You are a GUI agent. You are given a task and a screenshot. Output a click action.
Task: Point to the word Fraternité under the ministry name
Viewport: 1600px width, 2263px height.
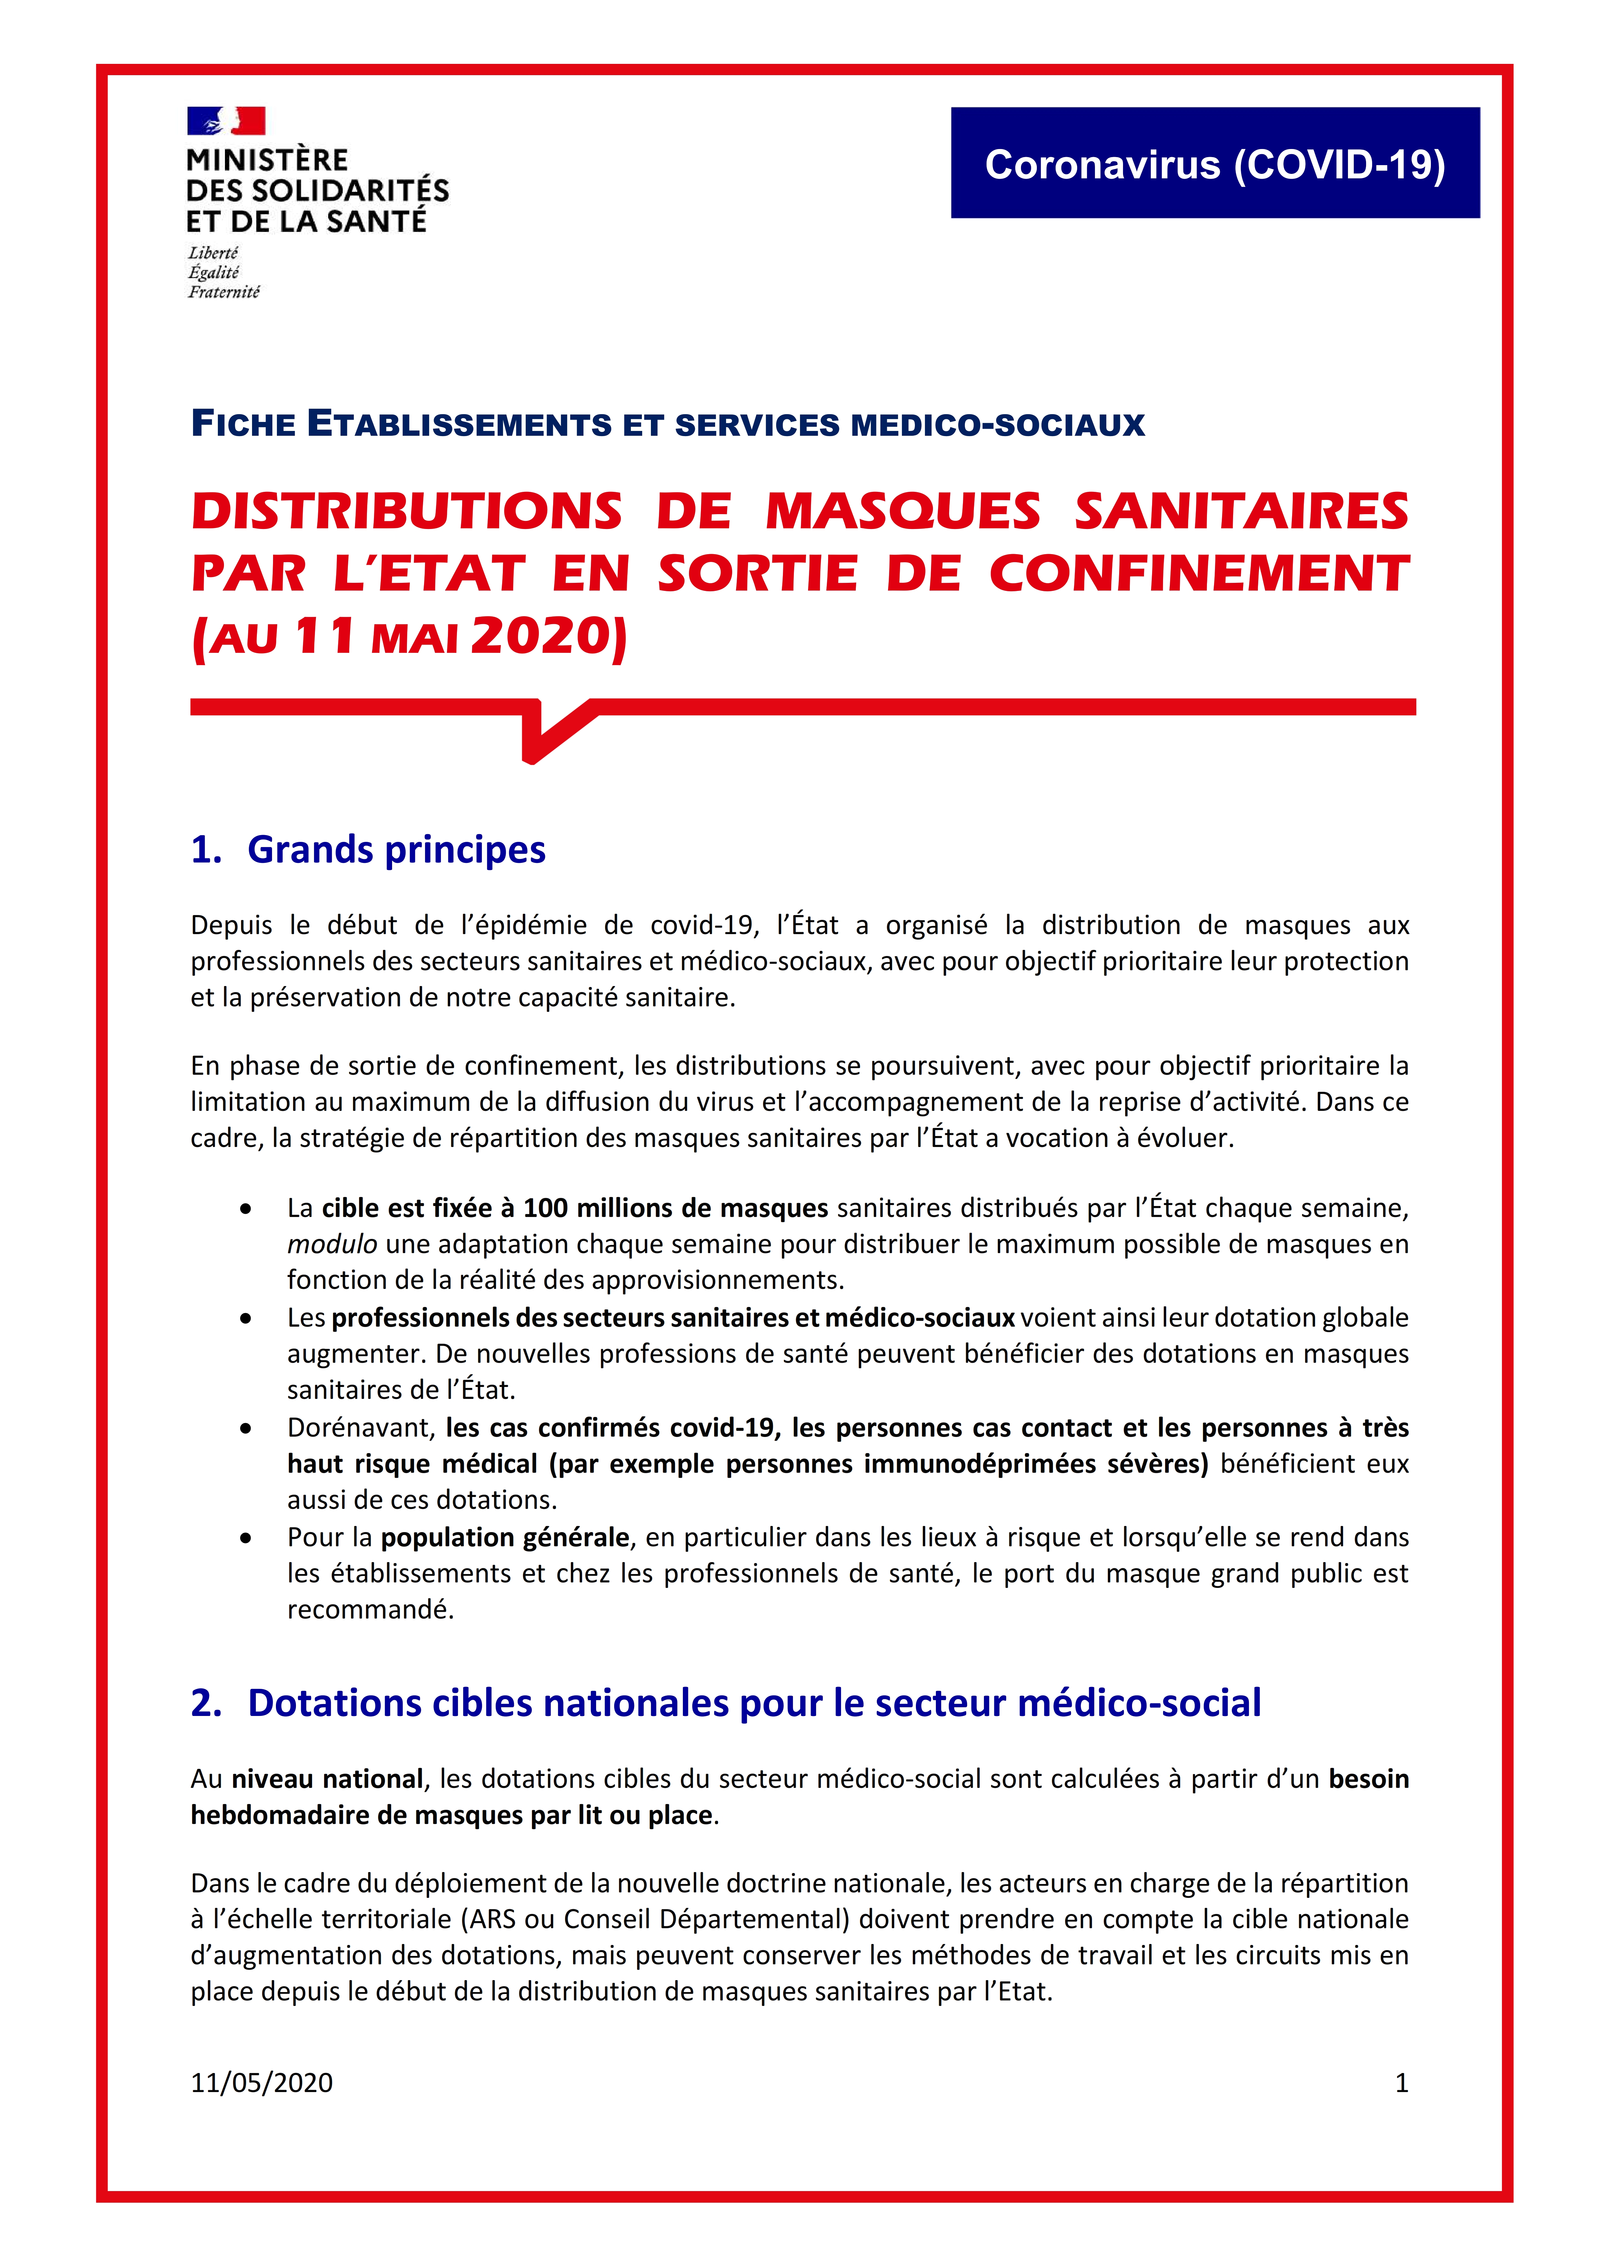pyautogui.click(x=224, y=292)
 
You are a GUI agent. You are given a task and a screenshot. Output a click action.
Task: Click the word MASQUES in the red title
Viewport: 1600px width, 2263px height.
pyautogui.click(x=902, y=512)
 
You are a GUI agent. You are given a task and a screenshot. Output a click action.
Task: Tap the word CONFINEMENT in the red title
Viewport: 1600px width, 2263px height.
pyautogui.click(x=1199, y=573)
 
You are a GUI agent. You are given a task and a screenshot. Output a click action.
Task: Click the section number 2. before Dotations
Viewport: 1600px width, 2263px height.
pyautogui.click(x=207, y=1703)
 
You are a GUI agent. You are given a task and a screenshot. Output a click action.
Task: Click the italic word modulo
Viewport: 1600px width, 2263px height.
pyautogui.click(x=332, y=1244)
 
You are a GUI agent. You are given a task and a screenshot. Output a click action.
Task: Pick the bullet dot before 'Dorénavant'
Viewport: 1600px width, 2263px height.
pyautogui.click(x=246, y=1428)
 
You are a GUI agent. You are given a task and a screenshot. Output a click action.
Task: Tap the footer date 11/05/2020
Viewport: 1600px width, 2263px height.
pyautogui.click(x=261, y=2083)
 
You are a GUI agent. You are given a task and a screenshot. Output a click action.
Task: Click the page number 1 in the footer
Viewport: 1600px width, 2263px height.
pyautogui.click(x=1401, y=2083)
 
